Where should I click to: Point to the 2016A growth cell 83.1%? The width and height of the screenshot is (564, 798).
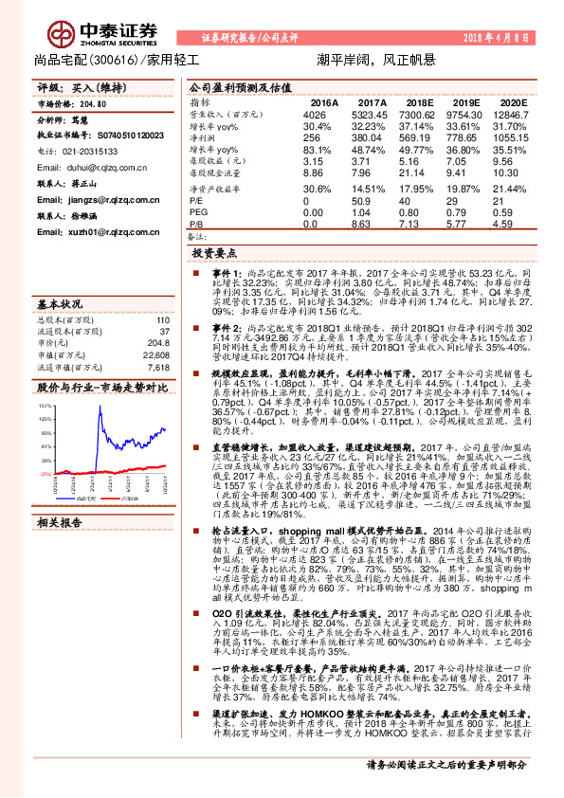coord(316,150)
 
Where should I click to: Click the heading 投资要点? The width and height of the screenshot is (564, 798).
coord(213,255)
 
